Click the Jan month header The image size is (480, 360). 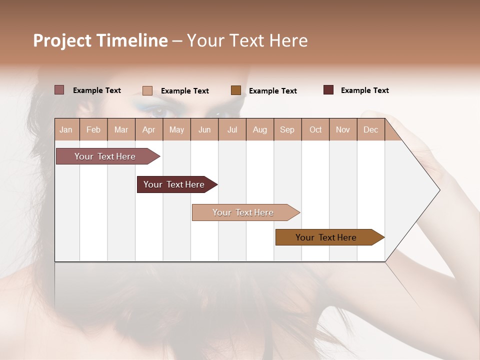coord(66,129)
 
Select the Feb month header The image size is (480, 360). coord(93,129)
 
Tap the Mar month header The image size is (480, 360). coord(121,129)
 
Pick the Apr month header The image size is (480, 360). coord(149,129)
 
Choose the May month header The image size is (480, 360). coord(176,129)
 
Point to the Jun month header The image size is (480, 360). coord(204,129)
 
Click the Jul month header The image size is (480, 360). coord(232,129)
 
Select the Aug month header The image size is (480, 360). coord(260,129)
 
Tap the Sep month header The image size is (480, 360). coord(287,129)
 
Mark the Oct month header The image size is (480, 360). coord(315,129)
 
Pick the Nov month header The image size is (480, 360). coord(343,129)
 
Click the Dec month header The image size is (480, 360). coord(370,129)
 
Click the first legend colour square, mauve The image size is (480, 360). coord(59,90)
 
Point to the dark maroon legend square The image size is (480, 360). coord(328,90)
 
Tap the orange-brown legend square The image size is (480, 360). coord(236,90)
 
